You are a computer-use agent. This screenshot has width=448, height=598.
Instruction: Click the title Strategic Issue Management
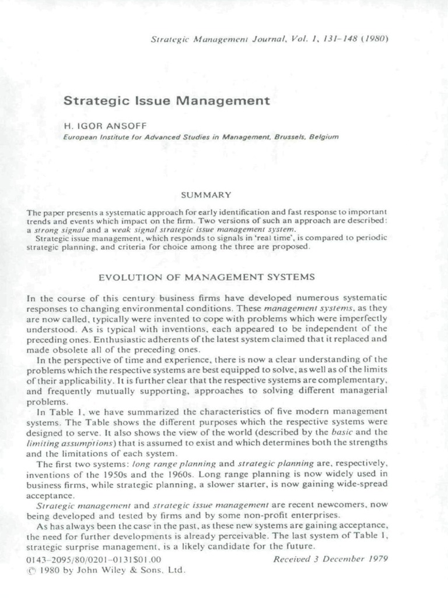(166, 100)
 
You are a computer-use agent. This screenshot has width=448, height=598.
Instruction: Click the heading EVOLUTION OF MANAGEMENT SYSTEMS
(207, 276)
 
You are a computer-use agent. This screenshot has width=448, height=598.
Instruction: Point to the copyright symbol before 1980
(31, 570)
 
